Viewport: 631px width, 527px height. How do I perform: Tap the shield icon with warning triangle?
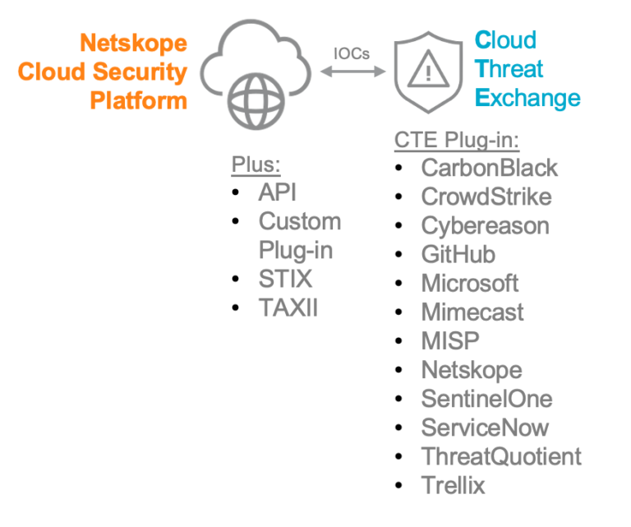pos(428,71)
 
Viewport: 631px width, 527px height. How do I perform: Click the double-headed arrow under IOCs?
pos(352,73)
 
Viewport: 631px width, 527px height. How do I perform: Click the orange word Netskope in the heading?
pos(133,43)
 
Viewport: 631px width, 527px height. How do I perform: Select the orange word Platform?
pos(138,101)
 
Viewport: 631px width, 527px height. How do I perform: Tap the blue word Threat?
pos(510,69)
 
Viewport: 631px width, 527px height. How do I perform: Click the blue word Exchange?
pos(528,99)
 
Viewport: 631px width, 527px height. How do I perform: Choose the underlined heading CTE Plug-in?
pos(457,140)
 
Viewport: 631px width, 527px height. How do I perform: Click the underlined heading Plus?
pos(256,164)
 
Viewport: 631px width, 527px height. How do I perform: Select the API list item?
pos(277,192)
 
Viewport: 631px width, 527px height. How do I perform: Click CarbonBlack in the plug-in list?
pos(489,168)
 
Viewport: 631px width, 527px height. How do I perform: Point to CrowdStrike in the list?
pos(486,196)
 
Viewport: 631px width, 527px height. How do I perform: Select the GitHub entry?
pos(458,255)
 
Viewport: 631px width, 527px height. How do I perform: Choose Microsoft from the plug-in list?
pos(469,284)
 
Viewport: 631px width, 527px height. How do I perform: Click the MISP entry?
pos(449,341)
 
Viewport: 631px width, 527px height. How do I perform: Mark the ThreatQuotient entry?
pos(500,456)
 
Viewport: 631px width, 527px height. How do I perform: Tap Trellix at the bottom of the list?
pos(453,485)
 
